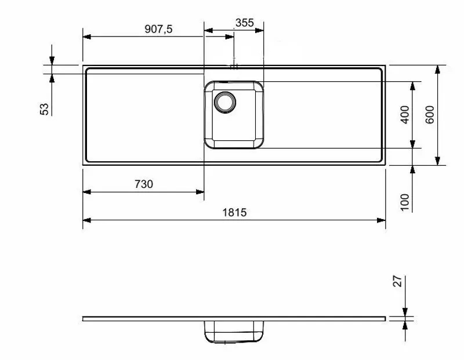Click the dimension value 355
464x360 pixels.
pyautogui.click(x=245, y=23)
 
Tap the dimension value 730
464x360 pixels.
pyautogui.click(x=143, y=184)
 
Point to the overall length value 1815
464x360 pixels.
pyautogui.click(x=234, y=213)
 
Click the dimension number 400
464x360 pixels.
pyautogui.click(x=405, y=115)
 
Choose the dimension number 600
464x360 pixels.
pyautogui.click(x=430, y=115)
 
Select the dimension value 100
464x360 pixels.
pyautogui.click(x=405, y=201)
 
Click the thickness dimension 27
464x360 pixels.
pyautogui.click(x=398, y=282)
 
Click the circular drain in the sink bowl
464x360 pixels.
pyautogui.click(x=224, y=102)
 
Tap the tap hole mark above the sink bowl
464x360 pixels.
pyautogui.click(x=234, y=66)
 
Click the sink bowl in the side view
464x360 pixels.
pyautogui.click(x=234, y=332)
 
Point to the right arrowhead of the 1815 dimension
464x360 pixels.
pyautogui.click(x=381, y=220)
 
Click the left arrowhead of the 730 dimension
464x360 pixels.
pyautogui.click(x=87, y=191)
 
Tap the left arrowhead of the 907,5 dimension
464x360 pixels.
pyautogui.click(x=87, y=36)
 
